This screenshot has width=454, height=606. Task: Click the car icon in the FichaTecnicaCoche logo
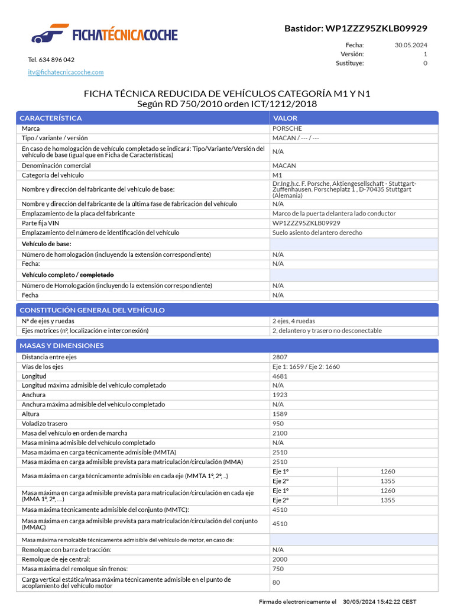pyautogui.click(x=47, y=34)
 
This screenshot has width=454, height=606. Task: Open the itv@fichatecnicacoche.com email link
pyautogui.click(x=66, y=72)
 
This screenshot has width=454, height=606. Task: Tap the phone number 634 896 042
pyautogui.click(x=51, y=60)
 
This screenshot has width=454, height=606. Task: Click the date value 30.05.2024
pyautogui.click(x=411, y=45)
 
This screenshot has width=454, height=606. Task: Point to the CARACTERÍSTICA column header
pyautogui.click(x=51, y=118)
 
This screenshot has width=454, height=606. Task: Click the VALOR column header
pyautogui.click(x=285, y=118)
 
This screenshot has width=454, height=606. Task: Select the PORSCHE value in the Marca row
pyautogui.click(x=287, y=128)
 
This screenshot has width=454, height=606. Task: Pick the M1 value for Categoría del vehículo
pyautogui.click(x=277, y=175)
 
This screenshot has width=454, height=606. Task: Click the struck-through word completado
pyautogui.click(x=96, y=275)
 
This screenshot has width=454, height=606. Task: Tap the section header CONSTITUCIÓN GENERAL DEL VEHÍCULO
pyautogui.click(x=92, y=310)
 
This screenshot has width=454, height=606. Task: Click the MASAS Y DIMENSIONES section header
pyautogui.click(x=61, y=346)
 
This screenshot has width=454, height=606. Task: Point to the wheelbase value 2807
pyautogui.click(x=280, y=357)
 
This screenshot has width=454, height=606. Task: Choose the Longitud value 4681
pyautogui.click(x=280, y=376)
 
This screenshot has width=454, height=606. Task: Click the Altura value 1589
pyautogui.click(x=280, y=414)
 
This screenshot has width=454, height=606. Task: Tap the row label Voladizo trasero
pyautogui.click(x=44, y=424)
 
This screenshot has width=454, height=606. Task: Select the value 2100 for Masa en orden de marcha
pyautogui.click(x=280, y=433)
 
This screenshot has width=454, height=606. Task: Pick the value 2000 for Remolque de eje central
pyautogui.click(x=280, y=559)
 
